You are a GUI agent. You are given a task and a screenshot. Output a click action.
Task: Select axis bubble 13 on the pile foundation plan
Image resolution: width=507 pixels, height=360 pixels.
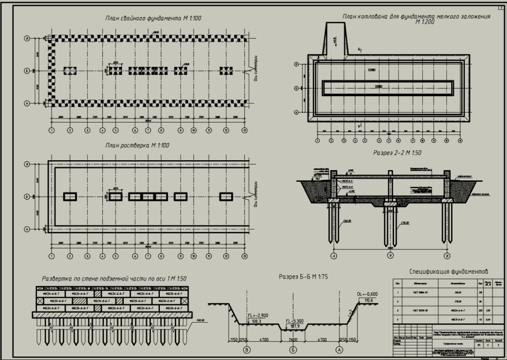click(x=244, y=130)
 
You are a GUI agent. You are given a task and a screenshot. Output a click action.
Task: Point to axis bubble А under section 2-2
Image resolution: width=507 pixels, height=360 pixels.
click(x=334, y=256)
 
